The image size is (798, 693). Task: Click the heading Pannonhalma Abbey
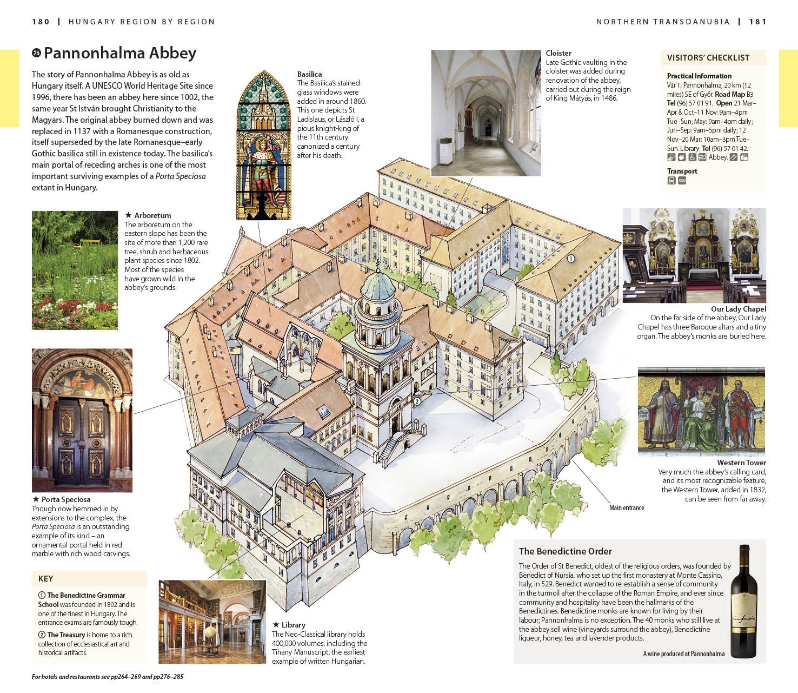tap(119, 53)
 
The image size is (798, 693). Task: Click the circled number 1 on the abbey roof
tap(570, 258)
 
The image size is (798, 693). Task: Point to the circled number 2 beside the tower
tap(417, 401)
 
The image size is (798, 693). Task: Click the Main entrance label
tap(627, 507)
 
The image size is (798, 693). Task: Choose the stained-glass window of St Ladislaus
tap(264, 145)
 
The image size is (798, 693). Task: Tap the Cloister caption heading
tap(558, 53)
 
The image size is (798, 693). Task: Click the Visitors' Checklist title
tap(708, 58)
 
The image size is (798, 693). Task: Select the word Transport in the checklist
tap(682, 171)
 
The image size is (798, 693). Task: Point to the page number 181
tap(758, 22)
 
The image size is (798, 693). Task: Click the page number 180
tap(41, 22)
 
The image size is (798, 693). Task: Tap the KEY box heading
tap(45, 579)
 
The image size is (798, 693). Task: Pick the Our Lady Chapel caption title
tap(739, 309)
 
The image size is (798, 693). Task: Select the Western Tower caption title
tap(741, 463)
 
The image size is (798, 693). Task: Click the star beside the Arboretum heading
tap(128, 215)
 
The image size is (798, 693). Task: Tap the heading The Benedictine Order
tap(565, 551)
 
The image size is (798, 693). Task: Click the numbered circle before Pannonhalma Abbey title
tap(36, 52)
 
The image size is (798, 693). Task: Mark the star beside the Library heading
tap(276, 624)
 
